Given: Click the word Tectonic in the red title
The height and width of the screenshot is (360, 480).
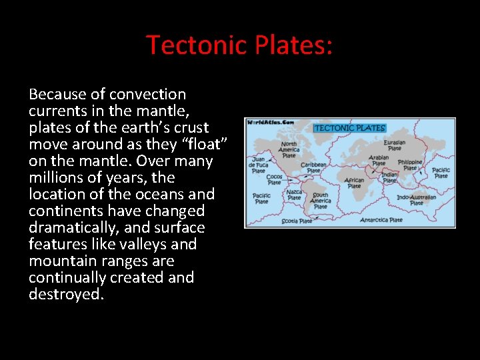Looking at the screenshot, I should click(197, 45).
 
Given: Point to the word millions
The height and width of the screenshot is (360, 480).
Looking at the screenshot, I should click(55, 177).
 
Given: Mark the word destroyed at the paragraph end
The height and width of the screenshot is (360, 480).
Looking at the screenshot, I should click(66, 294).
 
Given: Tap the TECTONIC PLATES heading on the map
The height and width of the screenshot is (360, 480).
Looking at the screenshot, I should click(349, 128).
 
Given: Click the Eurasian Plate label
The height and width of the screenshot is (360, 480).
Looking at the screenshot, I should click(394, 145).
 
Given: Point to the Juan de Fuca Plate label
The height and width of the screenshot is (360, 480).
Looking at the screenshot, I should click(258, 165).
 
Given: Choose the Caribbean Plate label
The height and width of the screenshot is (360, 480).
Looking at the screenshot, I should click(313, 168).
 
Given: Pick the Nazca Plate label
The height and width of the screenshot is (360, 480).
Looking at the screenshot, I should click(294, 194).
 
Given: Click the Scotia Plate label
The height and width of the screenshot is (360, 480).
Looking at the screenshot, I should click(297, 221).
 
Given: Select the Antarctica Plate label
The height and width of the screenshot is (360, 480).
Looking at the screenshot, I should click(381, 220).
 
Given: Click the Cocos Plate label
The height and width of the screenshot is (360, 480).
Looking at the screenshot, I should click(274, 179).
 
